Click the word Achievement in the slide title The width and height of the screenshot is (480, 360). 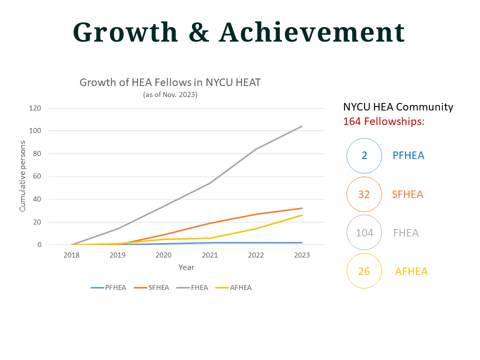(311, 32)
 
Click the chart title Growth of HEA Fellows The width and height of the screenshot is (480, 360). (170, 82)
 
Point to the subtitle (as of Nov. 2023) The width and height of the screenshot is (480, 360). (170, 94)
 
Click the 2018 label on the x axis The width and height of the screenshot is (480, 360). (71, 255)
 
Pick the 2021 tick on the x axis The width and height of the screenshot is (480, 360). (210, 255)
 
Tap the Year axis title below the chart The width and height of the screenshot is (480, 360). (186, 267)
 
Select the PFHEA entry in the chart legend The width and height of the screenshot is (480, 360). (108, 287)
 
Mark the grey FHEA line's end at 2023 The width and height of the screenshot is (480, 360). (302, 126)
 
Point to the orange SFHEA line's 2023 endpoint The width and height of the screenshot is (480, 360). (302, 208)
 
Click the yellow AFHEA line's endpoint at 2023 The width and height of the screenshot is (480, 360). (302, 215)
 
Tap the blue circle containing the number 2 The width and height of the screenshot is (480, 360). (364, 155)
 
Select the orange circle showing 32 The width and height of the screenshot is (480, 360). (364, 194)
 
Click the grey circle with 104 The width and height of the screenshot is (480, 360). (364, 232)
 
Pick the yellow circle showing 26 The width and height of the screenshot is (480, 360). (364, 271)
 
